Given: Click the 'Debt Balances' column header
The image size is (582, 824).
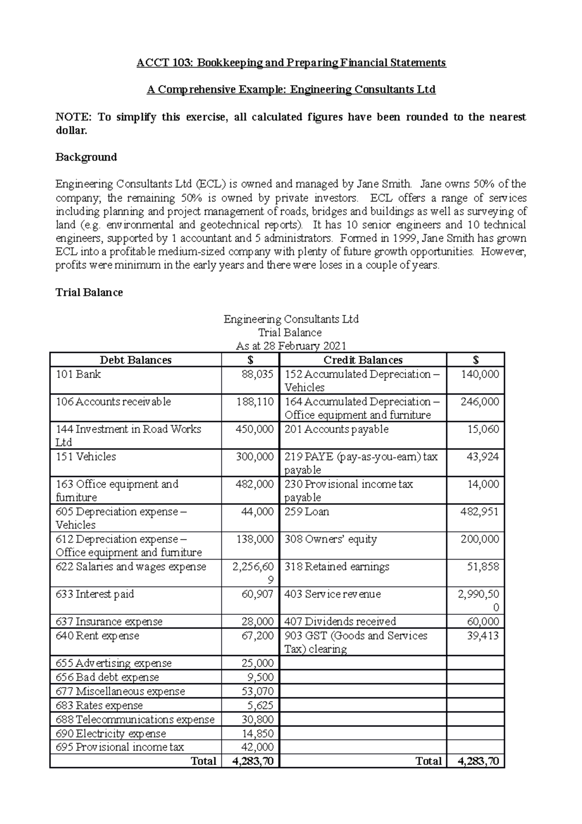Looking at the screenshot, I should pyautogui.click(x=135, y=360).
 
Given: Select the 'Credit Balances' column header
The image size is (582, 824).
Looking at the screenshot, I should pyautogui.click(x=363, y=360).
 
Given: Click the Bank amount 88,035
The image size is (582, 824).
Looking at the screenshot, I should pyautogui.click(x=258, y=374).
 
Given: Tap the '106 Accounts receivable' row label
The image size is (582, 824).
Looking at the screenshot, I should pyautogui.click(x=113, y=402).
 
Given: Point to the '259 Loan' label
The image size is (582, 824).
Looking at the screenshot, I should pyautogui.click(x=307, y=512).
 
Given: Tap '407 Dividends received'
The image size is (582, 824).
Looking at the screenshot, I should pyautogui.click(x=340, y=622).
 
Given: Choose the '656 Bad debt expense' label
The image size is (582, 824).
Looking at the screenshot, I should pyautogui.click(x=107, y=677).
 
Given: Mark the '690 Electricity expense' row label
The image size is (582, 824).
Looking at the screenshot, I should pyautogui.click(x=111, y=734).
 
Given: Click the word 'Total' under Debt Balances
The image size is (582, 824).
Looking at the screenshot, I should pyautogui.click(x=204, y=761).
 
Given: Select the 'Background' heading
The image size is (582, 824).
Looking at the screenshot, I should pyautogui.click(x=86, y=157).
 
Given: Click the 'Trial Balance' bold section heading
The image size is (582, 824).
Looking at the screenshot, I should pyautogui.click(x=89, y=293).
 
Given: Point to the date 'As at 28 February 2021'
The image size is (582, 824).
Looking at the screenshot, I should pyautogui.click(x=291, y=346).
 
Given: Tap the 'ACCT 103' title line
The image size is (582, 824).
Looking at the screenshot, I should pyautogui.click(x=291, y=63).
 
